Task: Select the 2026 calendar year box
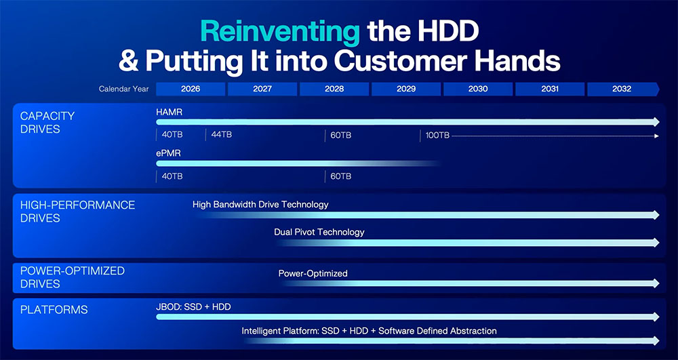click(x=191, y=89)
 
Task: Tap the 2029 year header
click(x=406, y=89)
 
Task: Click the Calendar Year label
click(x=123, y=89)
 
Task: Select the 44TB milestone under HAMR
click(x=222, y=135)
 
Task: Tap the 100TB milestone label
click(x=437, y=136)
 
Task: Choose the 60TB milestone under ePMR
click(x=341, y=176)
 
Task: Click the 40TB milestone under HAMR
click(x=172, y=135)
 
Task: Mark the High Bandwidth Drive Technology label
click(x=260, y=205)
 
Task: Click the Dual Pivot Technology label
click(x=319, y=232)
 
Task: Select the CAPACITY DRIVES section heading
click(x=47, y=122)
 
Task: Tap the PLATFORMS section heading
click(x=54, y=309)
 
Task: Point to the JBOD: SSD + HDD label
click(x=193, y=307)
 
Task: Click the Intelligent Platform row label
click(x=369, y=331)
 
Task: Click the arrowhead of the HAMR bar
click(x=656, y=122)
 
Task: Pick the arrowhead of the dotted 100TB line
click(x=656, y=136)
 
